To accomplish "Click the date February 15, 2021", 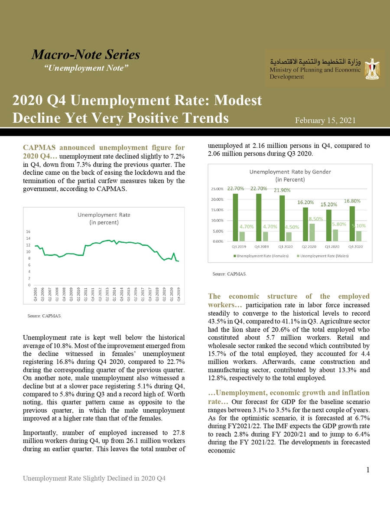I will coord(325,120).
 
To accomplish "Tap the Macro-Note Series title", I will coord(86,55).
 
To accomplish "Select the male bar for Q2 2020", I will coord(312,232).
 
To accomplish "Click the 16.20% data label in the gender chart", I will coord(305,202).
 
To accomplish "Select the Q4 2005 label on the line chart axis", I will coord(36,296).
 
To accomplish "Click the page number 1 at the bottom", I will coord(367,470).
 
